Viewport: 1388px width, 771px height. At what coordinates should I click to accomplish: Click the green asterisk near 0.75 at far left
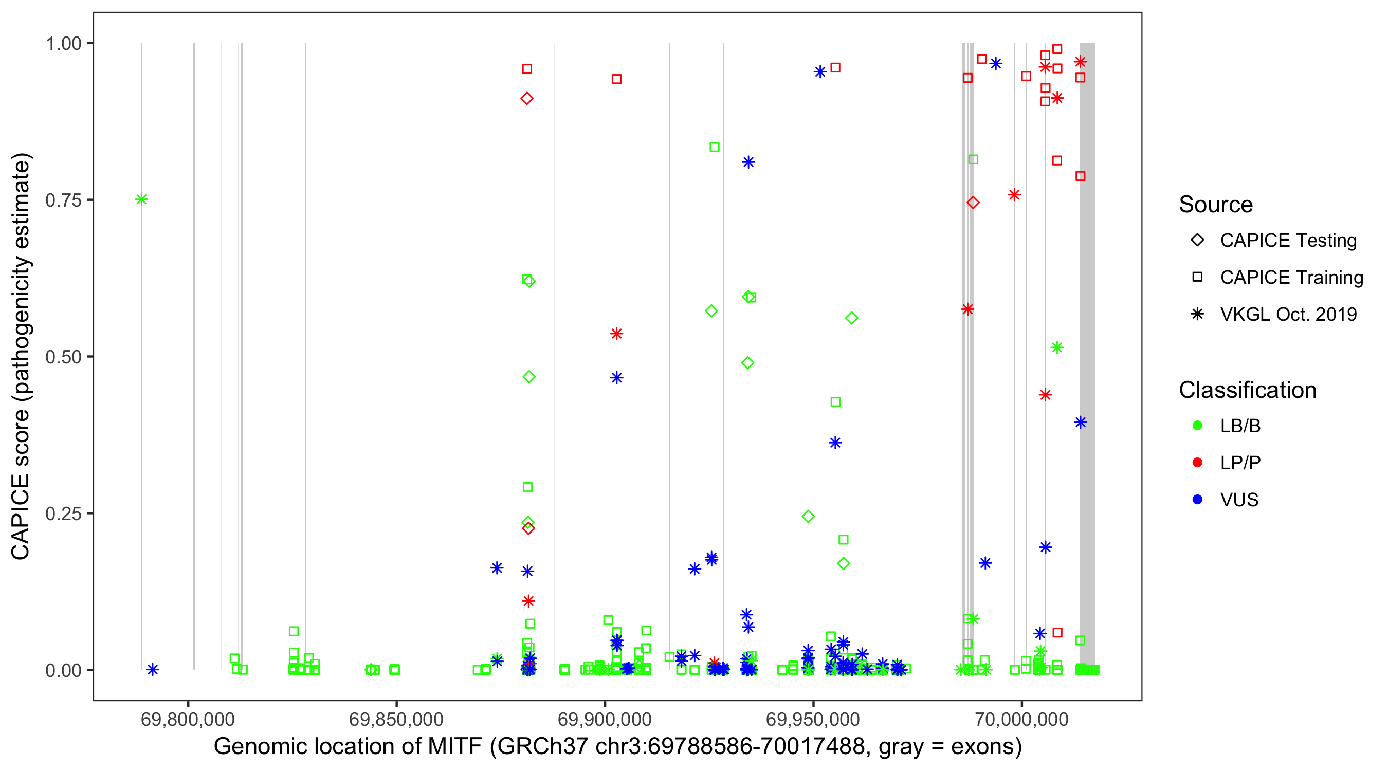click(x=141, y=200)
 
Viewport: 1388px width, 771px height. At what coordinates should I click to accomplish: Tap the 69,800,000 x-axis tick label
click(x=188, y=719)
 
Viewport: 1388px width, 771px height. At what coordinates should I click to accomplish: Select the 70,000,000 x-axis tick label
click(x=1021, y=719)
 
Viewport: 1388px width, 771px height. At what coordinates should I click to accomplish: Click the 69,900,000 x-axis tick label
click(x=605, y=719)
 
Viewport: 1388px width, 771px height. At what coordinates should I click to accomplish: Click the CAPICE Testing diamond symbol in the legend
click(x=1197, y=241)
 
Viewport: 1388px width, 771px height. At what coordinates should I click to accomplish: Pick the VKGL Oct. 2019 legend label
click(x=1288, y=314)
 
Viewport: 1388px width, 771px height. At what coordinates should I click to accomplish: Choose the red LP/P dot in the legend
click(x=1197, y=463)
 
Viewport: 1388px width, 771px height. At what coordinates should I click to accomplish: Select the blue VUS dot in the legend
click(x=1197, y=500)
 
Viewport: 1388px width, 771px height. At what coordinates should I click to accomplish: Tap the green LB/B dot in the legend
click(x=1197, y=426)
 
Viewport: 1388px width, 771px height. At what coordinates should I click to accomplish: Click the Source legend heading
click(x=1216, y=205)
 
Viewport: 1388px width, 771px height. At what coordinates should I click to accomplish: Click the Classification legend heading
click(x=1247, y=390)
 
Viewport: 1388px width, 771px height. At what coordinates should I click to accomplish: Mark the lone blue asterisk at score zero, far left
click(x=153, y=670)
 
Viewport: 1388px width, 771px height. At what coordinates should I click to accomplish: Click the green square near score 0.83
click(x=715, y=147)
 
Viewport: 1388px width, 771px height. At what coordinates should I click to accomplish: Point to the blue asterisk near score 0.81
click(x=748, y=162)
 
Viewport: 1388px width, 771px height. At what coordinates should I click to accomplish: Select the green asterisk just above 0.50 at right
click(x=1057, y=347)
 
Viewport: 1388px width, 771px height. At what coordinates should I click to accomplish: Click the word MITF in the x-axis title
click(x=454, y=747)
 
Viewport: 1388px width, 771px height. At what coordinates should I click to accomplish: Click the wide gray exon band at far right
click(x=1087, y=323)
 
